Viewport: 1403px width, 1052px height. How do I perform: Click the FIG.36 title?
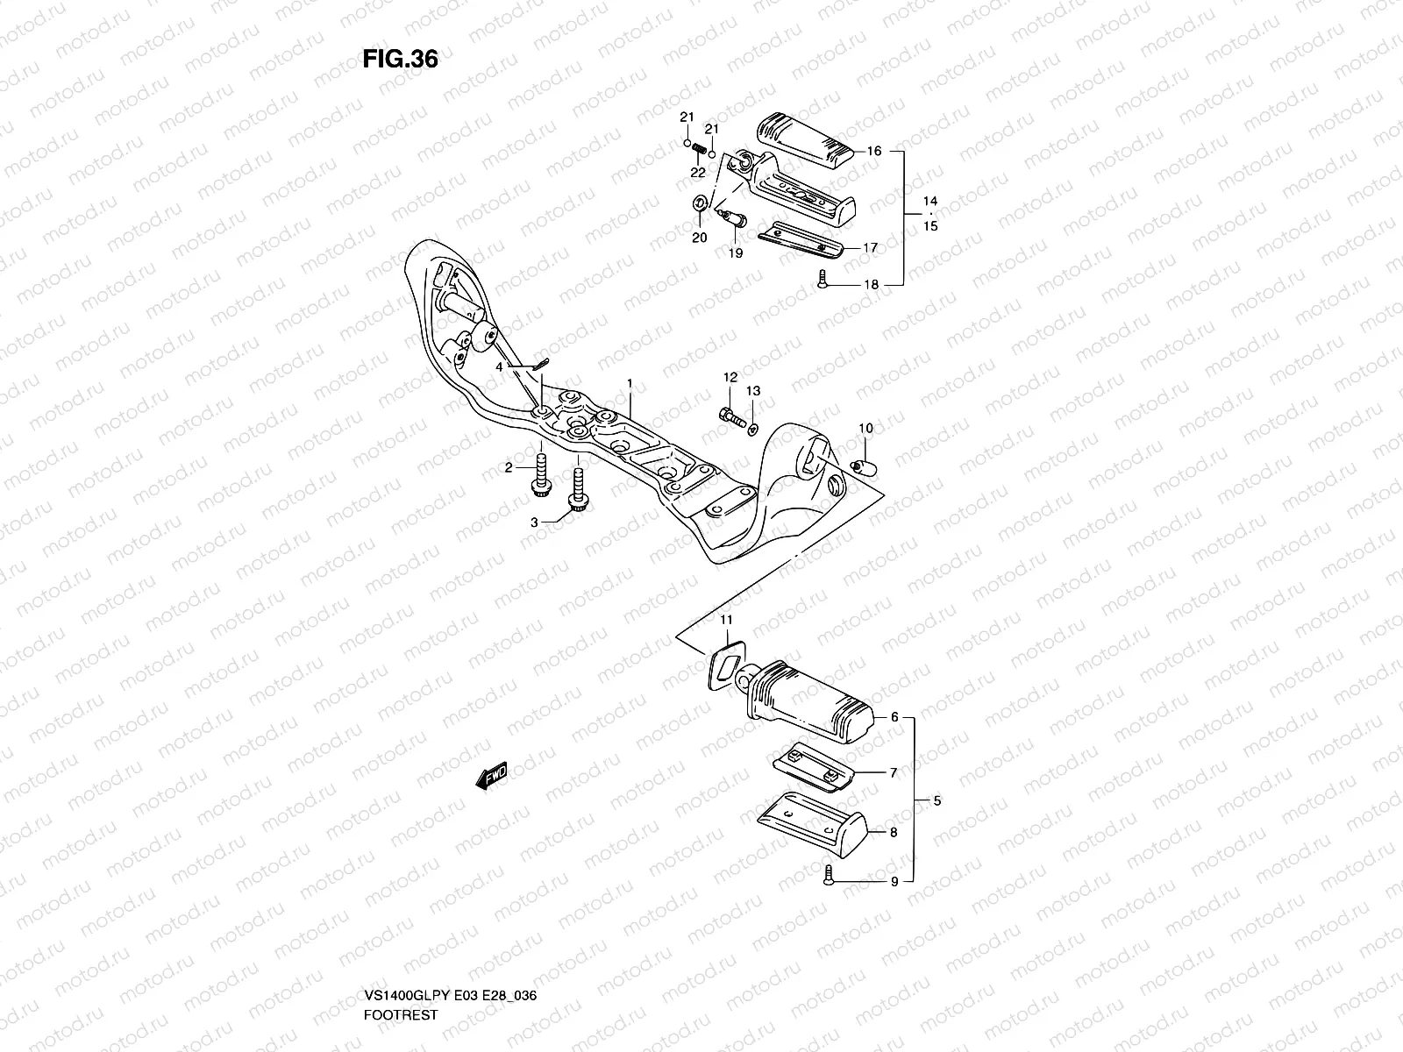click(x=400, y=59)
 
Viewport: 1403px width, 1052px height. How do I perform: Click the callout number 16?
click(x=873, y=152)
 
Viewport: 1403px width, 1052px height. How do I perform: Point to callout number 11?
click(x=726, y=621)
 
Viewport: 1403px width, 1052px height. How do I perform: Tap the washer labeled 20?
click(x=699, y=204)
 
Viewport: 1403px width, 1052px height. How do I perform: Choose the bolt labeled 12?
click(x=727, y=415)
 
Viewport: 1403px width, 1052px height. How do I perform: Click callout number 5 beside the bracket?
click(x=937, y=800)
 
